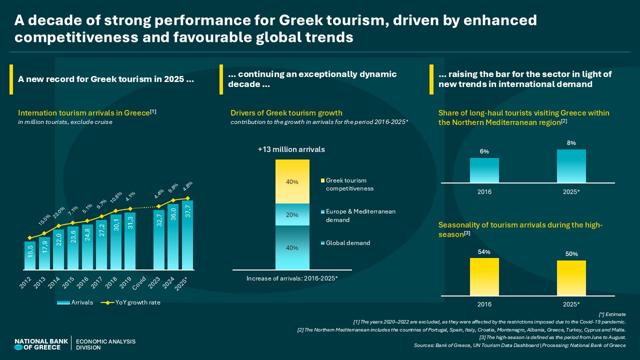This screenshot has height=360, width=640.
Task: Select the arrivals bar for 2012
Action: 30,255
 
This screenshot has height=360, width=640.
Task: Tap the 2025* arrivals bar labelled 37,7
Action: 187,235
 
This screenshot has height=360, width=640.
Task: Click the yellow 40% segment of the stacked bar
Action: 292,181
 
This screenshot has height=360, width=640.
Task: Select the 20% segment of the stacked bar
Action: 292,214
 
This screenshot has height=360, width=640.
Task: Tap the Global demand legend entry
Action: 347,243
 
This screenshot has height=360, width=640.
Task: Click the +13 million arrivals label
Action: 291,149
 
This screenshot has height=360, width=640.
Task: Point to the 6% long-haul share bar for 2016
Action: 484,170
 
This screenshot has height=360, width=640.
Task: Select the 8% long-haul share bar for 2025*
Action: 571,166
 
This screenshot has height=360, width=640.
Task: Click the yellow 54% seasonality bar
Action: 484,276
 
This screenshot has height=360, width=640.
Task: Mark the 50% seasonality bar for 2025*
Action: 571,278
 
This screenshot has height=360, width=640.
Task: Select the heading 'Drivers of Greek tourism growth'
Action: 286,113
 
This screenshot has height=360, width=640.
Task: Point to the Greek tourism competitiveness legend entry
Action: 350,184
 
